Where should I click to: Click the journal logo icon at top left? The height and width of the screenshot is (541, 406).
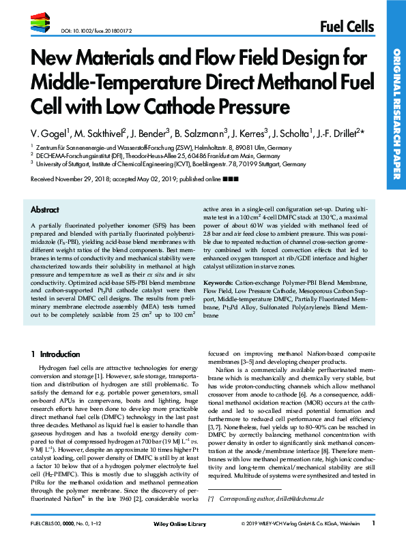point(41,25)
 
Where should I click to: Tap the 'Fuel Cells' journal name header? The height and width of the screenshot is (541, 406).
point(347,27)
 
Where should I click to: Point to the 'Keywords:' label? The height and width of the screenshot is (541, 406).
point(224,300)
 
